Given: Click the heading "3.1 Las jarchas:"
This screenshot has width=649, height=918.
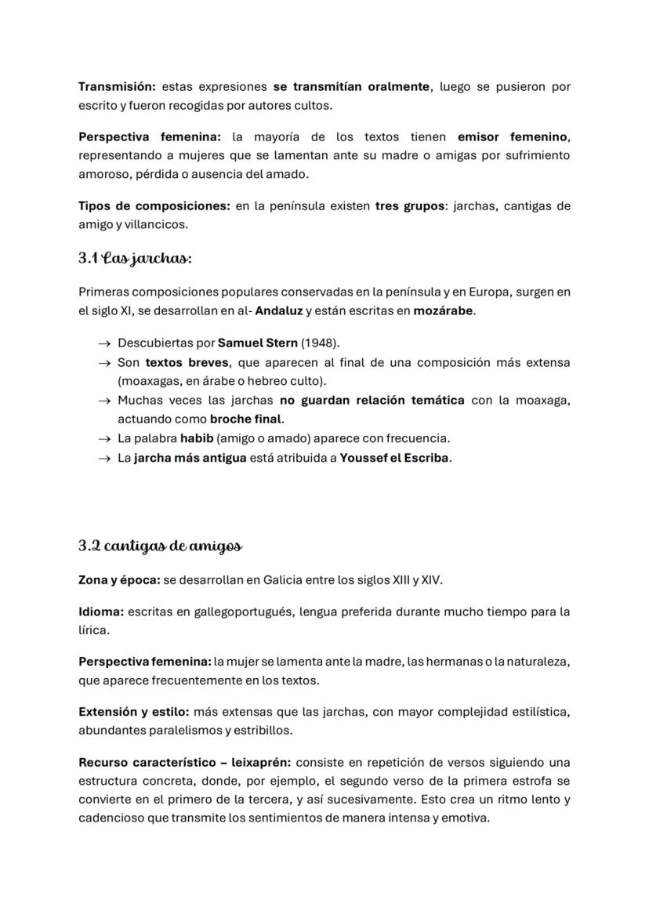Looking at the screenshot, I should tap(135, 257).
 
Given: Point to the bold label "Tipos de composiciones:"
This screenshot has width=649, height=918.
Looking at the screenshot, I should tap(154, 206).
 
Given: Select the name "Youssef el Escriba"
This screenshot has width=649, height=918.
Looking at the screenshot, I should tap(395, 457).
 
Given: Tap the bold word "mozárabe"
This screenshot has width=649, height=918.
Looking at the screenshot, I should tap(443, 310).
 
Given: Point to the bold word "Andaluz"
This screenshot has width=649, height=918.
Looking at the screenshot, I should tap(278, 310).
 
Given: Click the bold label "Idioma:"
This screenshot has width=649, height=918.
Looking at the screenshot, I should tap(101, 611).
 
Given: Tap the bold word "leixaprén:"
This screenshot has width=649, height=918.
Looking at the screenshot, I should tap(263, 762).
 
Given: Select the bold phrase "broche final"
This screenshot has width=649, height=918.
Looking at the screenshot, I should tap(246, 419).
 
